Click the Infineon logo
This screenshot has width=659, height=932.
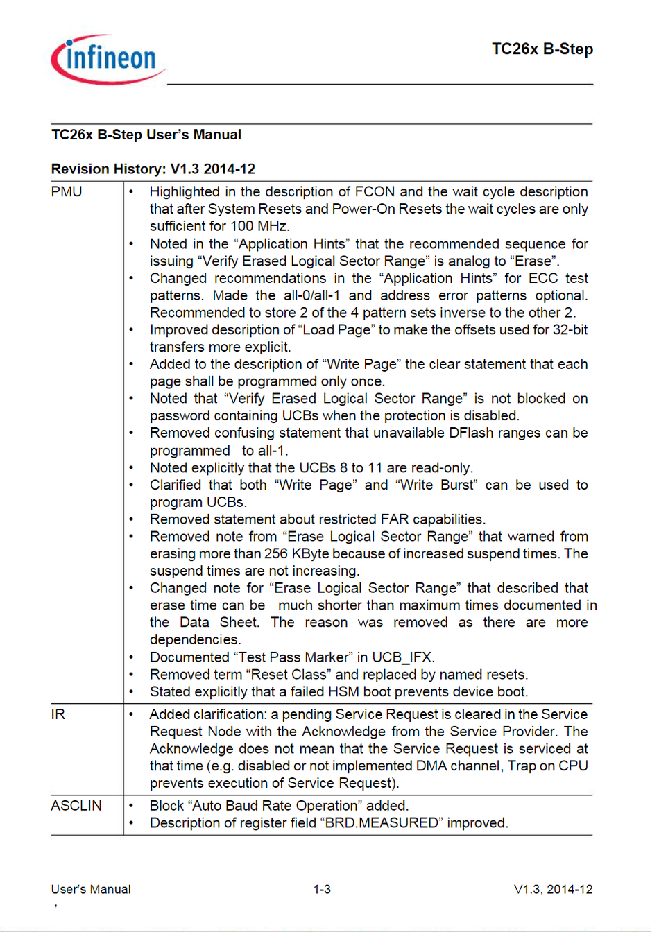[108, 60]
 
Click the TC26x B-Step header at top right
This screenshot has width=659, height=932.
[542, 49]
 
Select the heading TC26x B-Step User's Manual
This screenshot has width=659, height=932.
[146, 135]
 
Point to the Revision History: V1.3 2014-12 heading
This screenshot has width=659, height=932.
[153, 169]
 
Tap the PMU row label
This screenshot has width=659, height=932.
[67, 191]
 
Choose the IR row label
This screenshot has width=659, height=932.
[58, 714]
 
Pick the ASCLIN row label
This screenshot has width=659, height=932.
[76, 806]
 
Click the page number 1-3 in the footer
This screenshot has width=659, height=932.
[322, 889]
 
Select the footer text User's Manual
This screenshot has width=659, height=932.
[91, 889]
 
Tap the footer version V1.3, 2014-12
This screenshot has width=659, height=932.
[553, 889]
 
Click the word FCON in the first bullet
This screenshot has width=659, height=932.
[375, 191]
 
